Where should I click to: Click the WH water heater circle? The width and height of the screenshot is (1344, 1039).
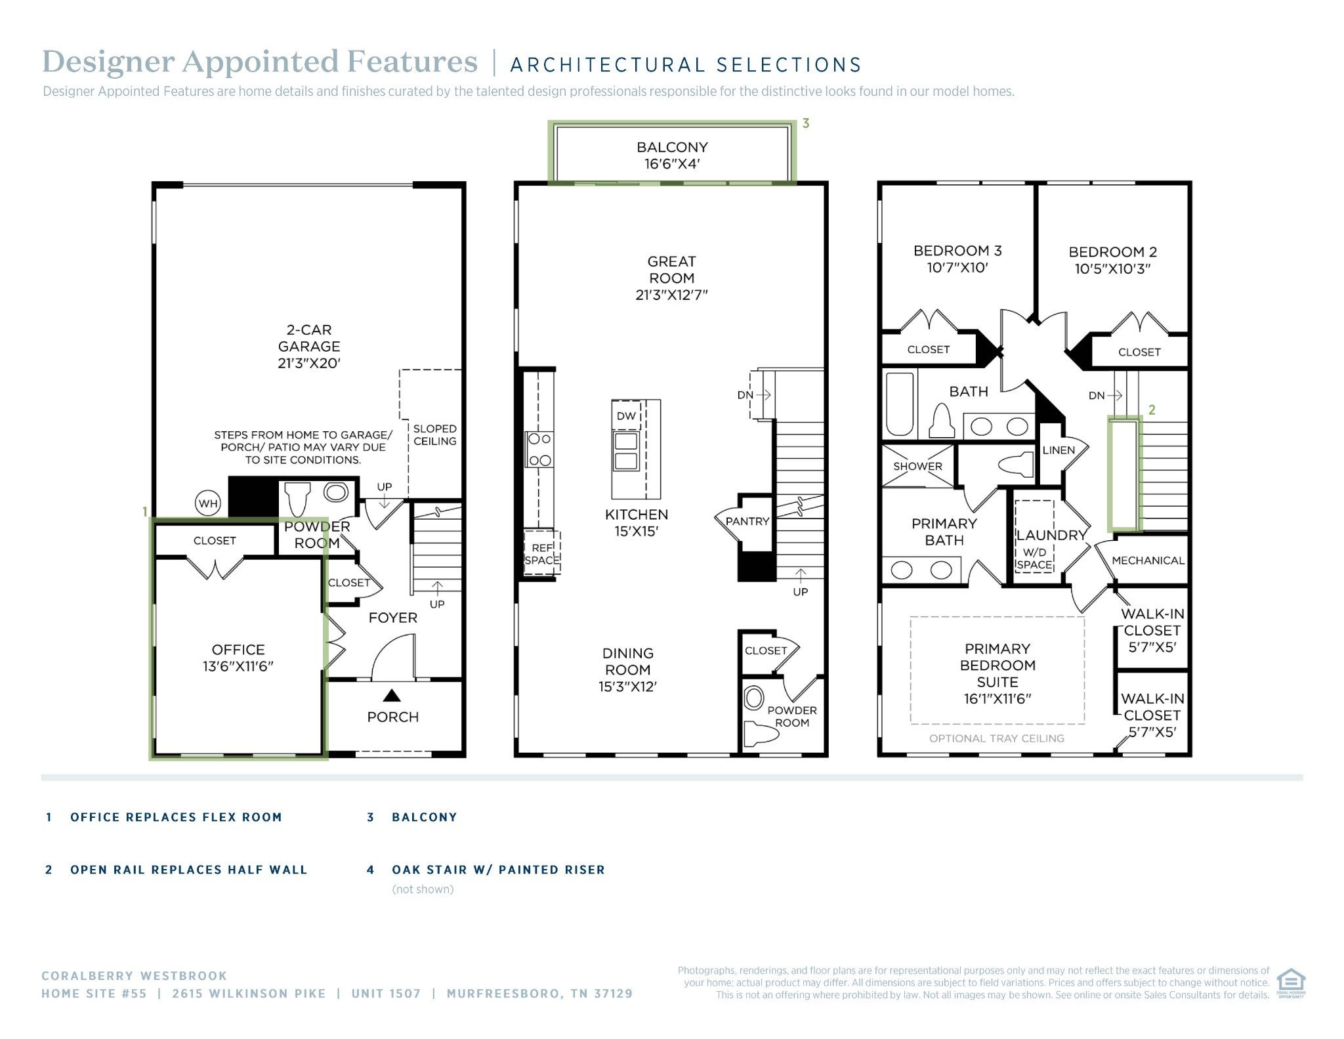point(208,504)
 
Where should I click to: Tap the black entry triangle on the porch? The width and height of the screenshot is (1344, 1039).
point(392,695)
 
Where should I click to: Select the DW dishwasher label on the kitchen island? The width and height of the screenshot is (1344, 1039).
point(626,415)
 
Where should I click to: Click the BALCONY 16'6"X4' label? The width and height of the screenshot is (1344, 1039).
point(672,156)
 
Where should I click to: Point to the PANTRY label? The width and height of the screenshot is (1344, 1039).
point(747,522)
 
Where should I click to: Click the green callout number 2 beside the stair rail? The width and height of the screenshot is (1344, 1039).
point(1152,410)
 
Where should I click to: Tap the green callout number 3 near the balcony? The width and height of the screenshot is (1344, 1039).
point(806,123)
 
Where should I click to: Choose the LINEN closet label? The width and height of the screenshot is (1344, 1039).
point(1059,450)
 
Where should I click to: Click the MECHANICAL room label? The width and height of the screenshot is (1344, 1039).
point(1148,561)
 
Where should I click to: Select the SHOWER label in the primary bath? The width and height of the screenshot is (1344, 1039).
point(917,467)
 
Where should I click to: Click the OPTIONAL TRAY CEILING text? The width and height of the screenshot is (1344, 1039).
point(997,738)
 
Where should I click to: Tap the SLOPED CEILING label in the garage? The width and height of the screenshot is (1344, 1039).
point(434,435)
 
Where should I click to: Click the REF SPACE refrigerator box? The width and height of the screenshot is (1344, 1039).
point(542,553)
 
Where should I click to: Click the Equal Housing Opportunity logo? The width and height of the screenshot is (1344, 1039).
point(1291,983)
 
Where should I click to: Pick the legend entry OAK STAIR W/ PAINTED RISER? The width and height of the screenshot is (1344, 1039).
point(498,870)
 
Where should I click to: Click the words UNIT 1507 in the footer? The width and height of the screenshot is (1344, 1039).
point(386,994)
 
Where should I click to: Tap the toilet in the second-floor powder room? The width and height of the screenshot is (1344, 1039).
point(762,732)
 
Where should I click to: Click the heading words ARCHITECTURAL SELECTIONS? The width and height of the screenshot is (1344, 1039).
point(686,65)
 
